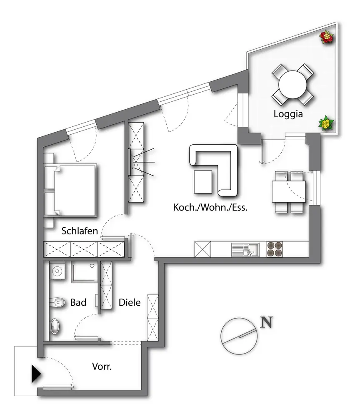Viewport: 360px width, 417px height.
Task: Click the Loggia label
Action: click(287, 114)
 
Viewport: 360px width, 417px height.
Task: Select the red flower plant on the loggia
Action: click(327, 37)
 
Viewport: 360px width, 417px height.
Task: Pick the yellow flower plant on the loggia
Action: click(327, 123)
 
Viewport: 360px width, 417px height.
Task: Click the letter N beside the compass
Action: click(266, 322)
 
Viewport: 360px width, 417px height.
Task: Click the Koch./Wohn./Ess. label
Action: click(210, 208)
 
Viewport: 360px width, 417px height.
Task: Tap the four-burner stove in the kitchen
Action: click(274, 249)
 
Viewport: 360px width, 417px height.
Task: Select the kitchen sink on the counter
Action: click(245, 249)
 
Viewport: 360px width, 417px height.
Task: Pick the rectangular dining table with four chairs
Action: click(290, 192)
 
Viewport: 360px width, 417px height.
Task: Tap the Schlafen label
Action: click(80, 231)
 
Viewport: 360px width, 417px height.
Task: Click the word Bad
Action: click(78, 302)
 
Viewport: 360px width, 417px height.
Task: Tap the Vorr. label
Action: click(102, 367)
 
